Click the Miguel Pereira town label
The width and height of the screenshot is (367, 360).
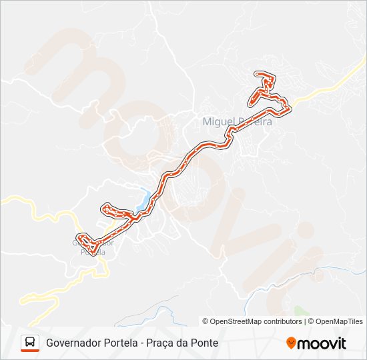pyautogui.click(x=236, y=121)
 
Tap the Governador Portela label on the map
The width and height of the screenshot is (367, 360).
pyautogui.click(x=93, y=247)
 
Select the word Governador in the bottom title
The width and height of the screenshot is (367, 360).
pyautogui.click(x=74, y=343)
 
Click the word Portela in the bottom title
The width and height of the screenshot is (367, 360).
pyautogui.click(x=123, y=343)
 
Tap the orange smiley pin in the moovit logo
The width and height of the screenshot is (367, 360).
pyautogui.click(x=292, y=343)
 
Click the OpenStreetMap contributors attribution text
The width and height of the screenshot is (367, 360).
pyautogui.click(x=256, y=321)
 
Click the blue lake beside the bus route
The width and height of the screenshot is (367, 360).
pyautogui.click(x=145, y=198)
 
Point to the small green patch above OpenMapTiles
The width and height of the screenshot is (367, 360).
pyautogui.click(x=298, y=311)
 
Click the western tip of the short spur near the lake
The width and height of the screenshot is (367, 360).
pyautogui.click(x=105, y=209)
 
